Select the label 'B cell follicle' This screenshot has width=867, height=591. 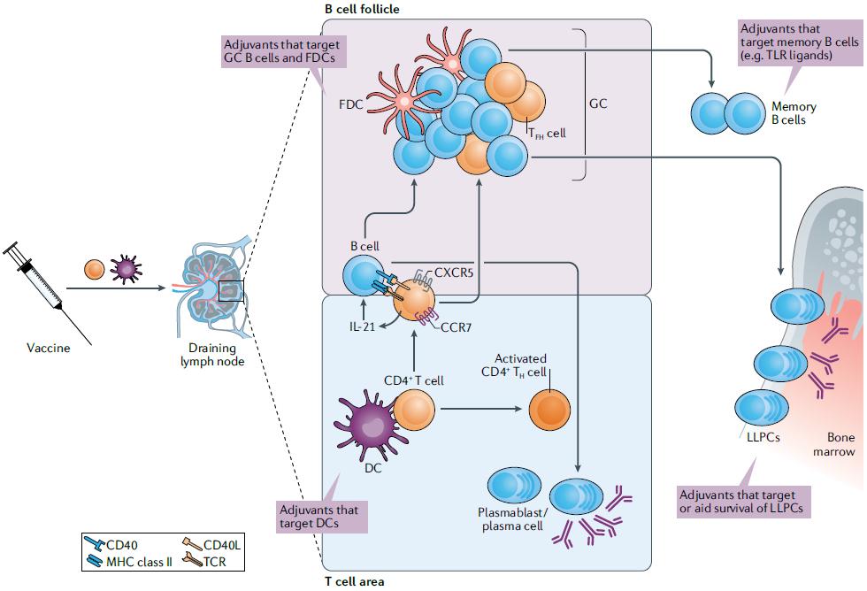pos(364,9)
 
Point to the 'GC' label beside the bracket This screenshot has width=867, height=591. pos(598,104)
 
